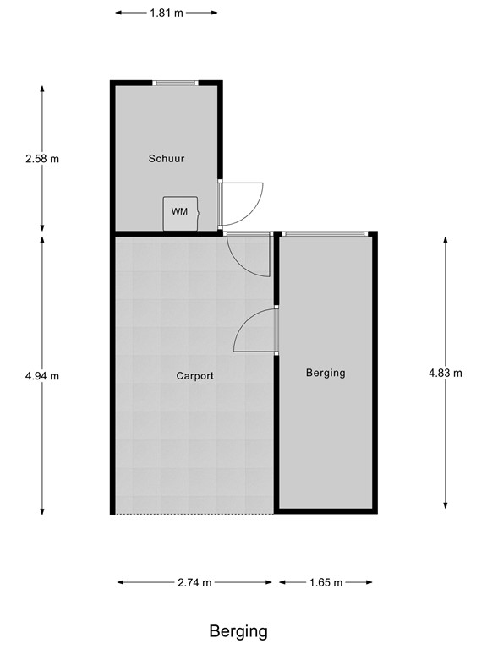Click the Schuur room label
click(x=167, y=158)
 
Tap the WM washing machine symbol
click(x=180, y=212)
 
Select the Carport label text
click(x=194, y=375)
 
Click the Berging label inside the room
click(x=326, y=373)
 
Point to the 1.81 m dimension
click(x=167, y=13)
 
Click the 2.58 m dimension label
click(x=42, y=158)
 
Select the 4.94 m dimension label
click(x=42, y=375)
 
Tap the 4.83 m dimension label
click(x=446, y=373)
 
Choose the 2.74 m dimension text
click(x=194, y=582)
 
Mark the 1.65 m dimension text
click(x=326, y=582)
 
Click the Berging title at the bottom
click(x=238, y=630)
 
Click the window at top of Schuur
click(x=175, y=83)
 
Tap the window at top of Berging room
click(x=325, y=233)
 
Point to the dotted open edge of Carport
click(x=194, y=513)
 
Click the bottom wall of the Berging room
click(x=326, y=510)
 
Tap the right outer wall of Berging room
click(x=374, y=372)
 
